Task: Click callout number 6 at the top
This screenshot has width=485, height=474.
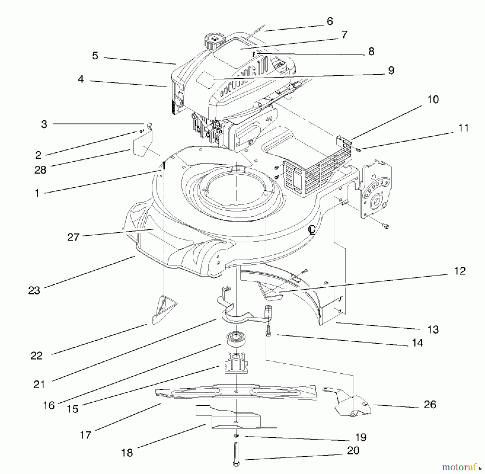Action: point(330,21)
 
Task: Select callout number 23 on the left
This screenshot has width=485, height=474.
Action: point(34,290)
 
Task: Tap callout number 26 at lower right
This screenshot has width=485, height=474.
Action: point(430,405)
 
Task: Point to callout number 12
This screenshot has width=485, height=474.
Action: point(460,271)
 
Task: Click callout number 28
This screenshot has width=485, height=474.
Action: point(40,170)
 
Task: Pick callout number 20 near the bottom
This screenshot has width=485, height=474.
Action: point(353,450)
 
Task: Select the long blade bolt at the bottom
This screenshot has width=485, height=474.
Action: point(236,455)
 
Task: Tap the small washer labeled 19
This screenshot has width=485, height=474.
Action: point(236,436)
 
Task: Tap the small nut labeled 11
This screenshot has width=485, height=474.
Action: point(358,150)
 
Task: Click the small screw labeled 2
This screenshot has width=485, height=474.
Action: point(141,131)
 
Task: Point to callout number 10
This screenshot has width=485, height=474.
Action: point(433,100)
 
